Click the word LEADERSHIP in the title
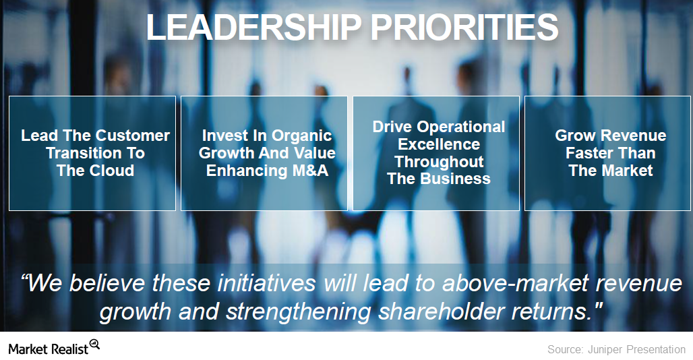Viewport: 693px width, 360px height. click(x=253, y=27)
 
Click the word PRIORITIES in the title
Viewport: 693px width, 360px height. click(x=464, y=27)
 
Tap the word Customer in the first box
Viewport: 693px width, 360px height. click(x=133, y=136)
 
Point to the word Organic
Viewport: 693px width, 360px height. click(x=301, y=136)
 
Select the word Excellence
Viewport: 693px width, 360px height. click(x=439, y=144)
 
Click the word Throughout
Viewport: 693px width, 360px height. click(x=439, y=162)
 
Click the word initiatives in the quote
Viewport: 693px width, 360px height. click(x=266, y=282)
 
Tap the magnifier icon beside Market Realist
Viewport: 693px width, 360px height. click(x=94, y=344)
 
